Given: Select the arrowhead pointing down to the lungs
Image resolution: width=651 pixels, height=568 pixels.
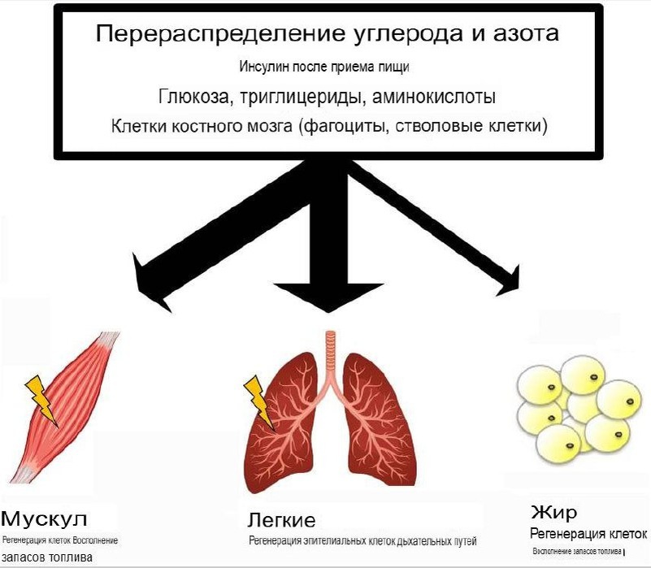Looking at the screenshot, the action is (328, 298).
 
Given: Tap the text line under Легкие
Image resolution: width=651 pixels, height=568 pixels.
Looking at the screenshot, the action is (362, 540).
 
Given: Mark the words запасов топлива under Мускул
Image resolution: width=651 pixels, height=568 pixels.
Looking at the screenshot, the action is (47, 557).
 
